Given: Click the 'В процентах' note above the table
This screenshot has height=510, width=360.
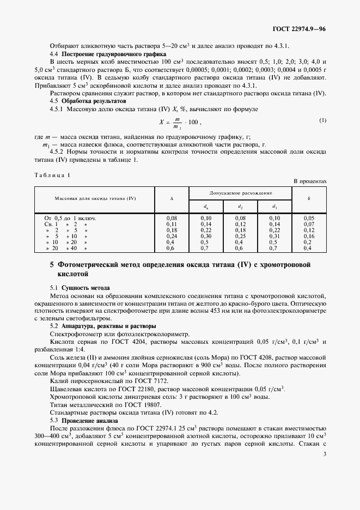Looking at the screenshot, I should tap(310, 180).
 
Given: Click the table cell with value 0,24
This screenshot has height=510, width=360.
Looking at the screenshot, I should tap(172, 236).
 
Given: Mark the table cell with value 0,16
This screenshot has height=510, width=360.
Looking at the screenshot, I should tap(308, 236).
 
